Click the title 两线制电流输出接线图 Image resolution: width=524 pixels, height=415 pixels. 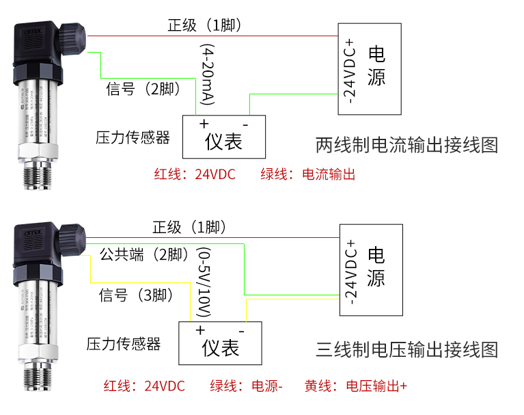407,145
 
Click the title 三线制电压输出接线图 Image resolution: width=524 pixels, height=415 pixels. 407,350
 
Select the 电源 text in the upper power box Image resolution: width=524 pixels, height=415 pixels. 376,66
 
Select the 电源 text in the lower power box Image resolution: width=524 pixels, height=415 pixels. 376,267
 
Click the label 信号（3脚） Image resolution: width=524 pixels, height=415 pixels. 135,295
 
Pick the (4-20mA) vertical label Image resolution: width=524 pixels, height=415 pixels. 208,75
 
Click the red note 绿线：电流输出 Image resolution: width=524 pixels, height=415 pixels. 308,174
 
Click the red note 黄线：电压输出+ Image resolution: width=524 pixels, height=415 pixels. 356,386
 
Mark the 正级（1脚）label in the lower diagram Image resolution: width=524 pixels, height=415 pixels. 189,227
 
